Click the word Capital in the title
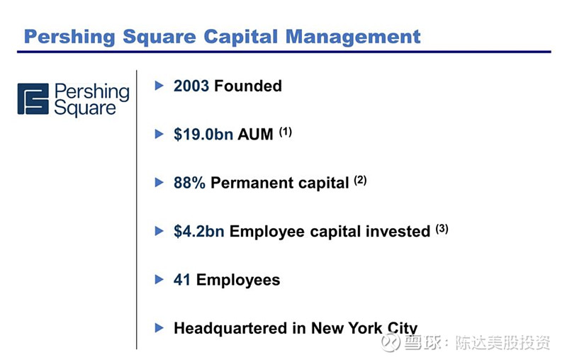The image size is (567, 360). click(241, 38)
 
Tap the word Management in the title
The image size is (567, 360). click(353, 38)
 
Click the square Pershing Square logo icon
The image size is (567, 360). click(33, 99)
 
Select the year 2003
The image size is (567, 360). click(191, 86)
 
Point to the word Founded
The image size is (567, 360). click(248, 86)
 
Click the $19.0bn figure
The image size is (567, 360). click(203, 134)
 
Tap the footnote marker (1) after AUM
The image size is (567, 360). click(286, 132)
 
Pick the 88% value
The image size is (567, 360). click(189, 183)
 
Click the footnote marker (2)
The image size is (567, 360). click(360, 180)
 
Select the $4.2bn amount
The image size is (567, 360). click(199, 231)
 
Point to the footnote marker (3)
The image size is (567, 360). click(442, 228)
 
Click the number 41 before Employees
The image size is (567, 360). click(182, 280)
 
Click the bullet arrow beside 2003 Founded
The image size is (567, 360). click(159, 86)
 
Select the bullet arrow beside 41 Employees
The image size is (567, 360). click(159, 279)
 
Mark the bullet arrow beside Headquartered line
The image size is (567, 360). click(159, 328)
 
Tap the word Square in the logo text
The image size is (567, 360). click(85, 108)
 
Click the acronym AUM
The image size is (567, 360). click(255, 135)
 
